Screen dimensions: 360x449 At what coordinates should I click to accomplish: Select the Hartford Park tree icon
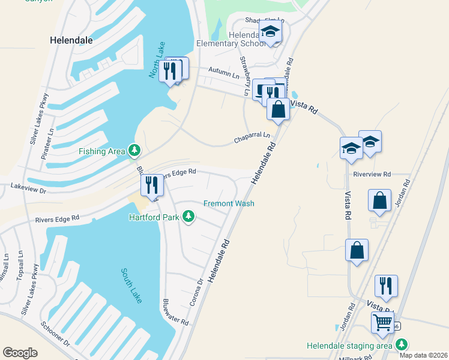click(x=188, y=216)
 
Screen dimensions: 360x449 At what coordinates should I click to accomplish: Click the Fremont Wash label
click(x=229, y=204)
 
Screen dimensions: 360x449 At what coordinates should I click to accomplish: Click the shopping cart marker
click(x=382, y=322)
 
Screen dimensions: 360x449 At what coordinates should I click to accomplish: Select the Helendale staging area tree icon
click(x=401, y=345)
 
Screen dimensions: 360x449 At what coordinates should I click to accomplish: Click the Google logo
click(x=20, y=353)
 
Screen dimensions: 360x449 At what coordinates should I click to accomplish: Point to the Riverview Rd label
click(x=372, y=174)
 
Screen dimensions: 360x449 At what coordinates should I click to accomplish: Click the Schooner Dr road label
click(x=55, y=335)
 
